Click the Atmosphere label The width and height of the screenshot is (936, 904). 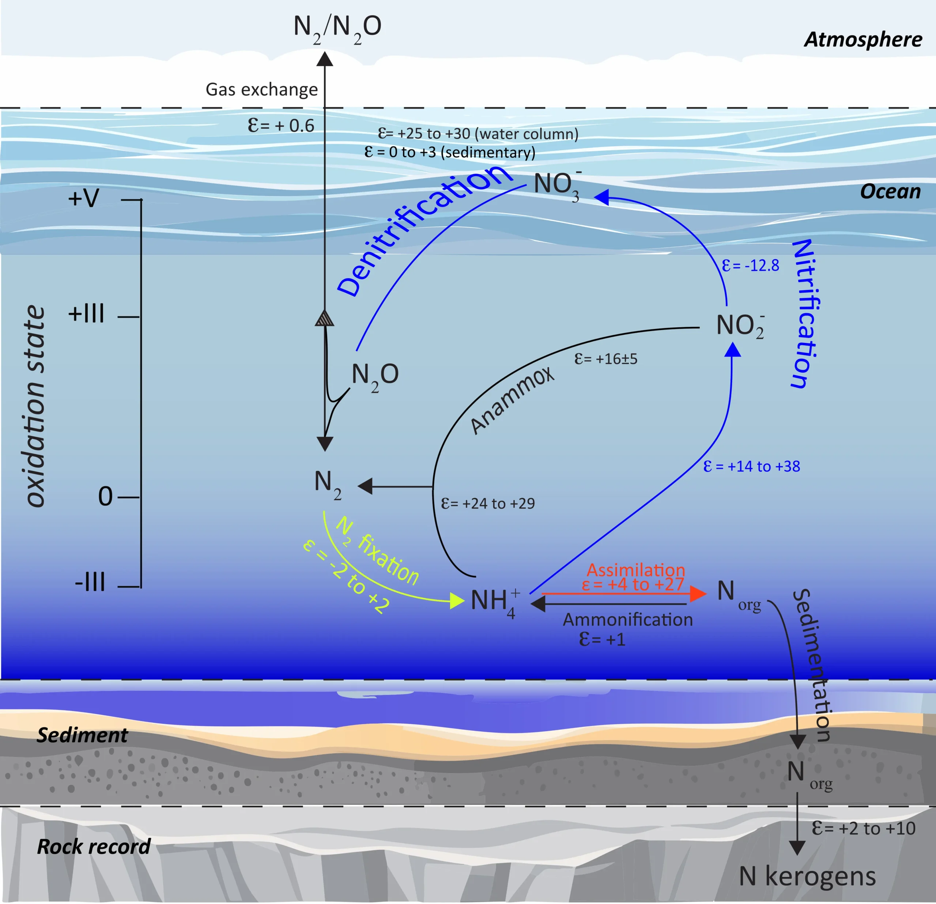(863, 39)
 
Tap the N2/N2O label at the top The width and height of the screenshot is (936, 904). (337, 29)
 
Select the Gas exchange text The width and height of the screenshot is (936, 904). (262, 89)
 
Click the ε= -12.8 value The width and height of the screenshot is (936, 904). (750, 265)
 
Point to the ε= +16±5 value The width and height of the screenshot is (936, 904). (605, 359)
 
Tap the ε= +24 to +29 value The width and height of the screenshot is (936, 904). (488, 503)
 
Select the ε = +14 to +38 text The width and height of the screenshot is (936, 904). (752, 466)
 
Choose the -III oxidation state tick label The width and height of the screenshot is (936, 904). (90, 583)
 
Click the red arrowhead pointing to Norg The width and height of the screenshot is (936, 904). (699, 594)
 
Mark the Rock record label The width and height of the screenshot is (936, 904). (94, 847)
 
